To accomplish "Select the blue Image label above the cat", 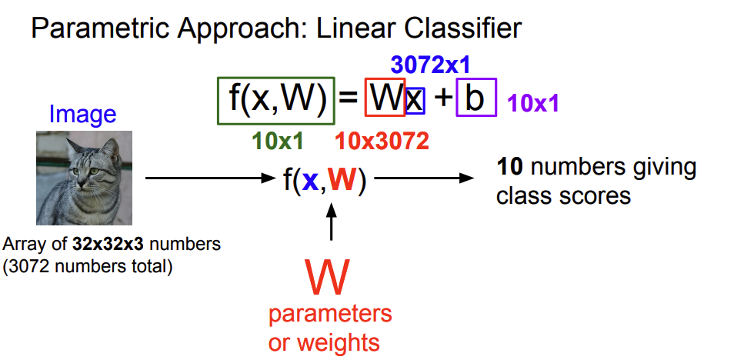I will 82,115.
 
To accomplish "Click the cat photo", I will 84,178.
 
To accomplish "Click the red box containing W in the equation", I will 385,98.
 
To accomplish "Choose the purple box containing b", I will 476,98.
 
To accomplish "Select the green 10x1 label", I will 277,141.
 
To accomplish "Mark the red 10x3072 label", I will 382,141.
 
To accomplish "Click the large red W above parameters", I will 328,278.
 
